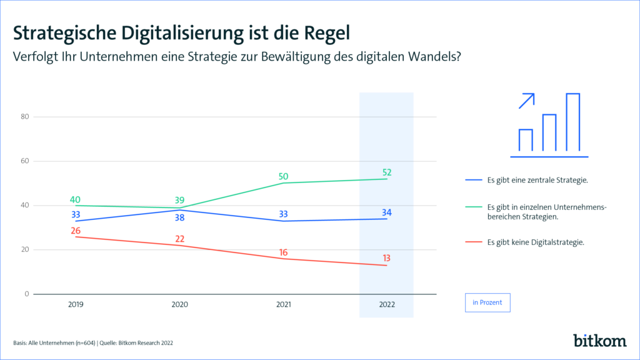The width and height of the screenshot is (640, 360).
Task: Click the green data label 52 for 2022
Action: pos(387,172)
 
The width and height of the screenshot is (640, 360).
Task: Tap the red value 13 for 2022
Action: pos(387,259)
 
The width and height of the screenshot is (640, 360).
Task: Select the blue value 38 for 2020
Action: pos(180,218)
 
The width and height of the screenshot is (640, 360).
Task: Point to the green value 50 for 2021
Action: pos(284,176)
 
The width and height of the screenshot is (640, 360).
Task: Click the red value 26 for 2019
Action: pos(76,231)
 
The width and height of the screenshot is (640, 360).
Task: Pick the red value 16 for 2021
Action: pos(284,252)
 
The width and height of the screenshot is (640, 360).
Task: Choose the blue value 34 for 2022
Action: pos(387,213)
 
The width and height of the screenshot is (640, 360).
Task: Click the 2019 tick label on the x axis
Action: pos(76,304)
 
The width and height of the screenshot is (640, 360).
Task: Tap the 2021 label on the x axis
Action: pos(284,304)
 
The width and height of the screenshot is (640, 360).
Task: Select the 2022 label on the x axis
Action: pos(387,304)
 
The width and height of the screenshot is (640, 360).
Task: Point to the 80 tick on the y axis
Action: pos(24,117)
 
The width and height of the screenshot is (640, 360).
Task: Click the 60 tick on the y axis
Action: pos(24,161)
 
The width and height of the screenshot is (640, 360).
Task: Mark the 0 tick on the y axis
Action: pos(27,294)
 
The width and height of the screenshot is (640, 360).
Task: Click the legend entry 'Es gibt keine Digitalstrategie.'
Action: pos(536,242)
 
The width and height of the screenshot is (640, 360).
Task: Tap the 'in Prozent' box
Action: pos(487,302)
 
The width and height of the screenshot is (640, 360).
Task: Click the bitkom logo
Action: pos(599,340)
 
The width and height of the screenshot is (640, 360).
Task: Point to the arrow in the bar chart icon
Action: pos(527,101)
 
